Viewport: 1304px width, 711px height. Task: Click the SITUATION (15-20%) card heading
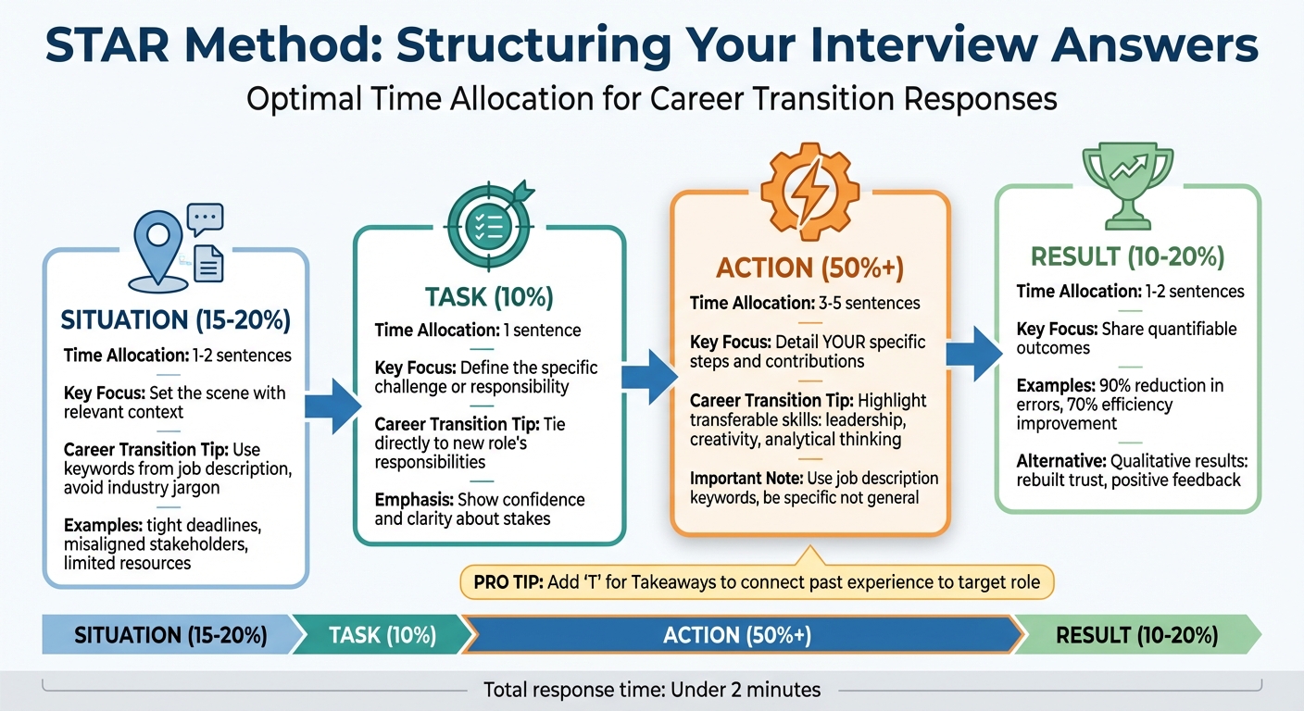[x=175, y=320]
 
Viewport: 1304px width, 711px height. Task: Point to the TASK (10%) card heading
[x=489, y=297]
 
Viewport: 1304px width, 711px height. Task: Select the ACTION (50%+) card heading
[x=810, y=268]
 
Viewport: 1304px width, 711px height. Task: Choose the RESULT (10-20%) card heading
[x=1127, y=256]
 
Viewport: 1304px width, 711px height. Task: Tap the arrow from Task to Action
[x=649, y=376]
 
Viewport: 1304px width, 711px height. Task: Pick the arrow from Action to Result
[x=972, y=353]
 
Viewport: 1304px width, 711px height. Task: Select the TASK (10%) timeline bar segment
[x=382, y=635]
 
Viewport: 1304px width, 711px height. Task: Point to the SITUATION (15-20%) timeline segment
[x=170, y=635]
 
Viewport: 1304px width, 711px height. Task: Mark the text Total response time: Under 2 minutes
[x=651, y=690]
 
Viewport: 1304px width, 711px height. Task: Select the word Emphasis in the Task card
[x=413, y=499]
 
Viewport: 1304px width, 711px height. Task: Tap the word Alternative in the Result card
[x=1062, y=461]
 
